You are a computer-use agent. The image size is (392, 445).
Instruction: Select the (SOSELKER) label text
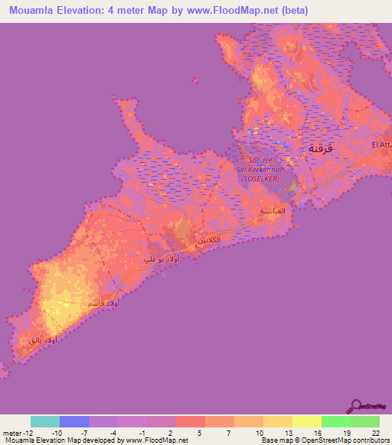pyautogui.click(x=261, y=178)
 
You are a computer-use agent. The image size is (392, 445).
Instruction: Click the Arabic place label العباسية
pyautogui.click(x=273, y=210)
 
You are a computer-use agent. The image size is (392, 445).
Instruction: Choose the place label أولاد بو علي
pyautogui.click(x=162, y=258)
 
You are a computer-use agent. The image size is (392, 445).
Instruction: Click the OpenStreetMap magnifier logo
pyautogui.click(x=355, y=406)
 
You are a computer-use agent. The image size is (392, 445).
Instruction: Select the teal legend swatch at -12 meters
pyautogui.click(x=44, y=421)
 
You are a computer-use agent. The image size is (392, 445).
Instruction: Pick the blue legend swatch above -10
pyautogui.click(x=74, y=421)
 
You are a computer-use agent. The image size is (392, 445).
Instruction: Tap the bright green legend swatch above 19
pyautogui.click(x=335, y=421)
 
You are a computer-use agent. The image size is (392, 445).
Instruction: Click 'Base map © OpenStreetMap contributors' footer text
pyautogui.click(x=325, y=440)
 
